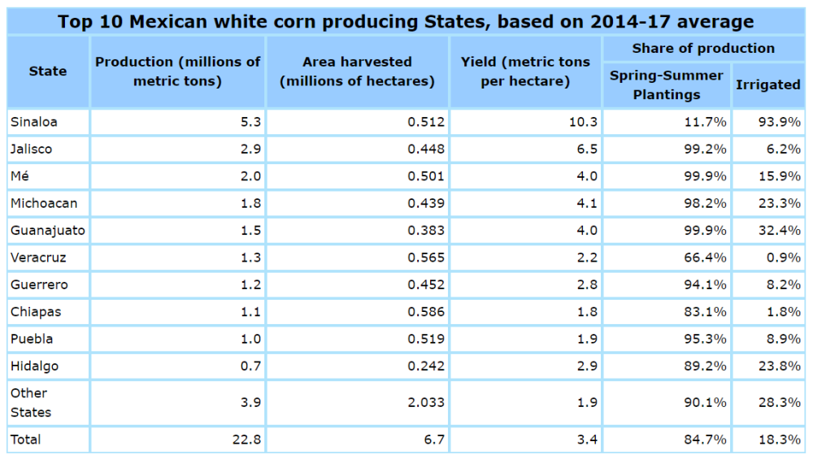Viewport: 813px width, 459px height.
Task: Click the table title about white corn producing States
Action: coord(406,21)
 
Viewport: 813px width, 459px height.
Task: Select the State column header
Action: coord(47,71)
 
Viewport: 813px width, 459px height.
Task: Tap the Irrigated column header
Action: coord(767,84)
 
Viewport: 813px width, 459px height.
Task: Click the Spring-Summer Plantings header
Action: coord(667,84)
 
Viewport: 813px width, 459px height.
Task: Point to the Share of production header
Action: coord(703,49)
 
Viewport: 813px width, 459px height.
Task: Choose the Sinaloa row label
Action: coord(33,122)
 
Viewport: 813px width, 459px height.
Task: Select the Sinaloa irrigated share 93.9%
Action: coord(781,122)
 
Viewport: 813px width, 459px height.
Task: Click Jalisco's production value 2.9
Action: coord(250,149)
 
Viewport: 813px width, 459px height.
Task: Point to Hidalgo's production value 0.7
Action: coord(250,366)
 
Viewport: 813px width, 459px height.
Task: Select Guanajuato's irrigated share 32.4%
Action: coord(781,231)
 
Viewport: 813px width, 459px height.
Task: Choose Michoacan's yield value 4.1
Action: coord(587,203)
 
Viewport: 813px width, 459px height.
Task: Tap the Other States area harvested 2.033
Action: coord(427,402)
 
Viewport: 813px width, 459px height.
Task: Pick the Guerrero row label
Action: coord(38,285)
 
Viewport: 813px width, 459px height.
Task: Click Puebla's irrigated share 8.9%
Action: coord(785,339)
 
